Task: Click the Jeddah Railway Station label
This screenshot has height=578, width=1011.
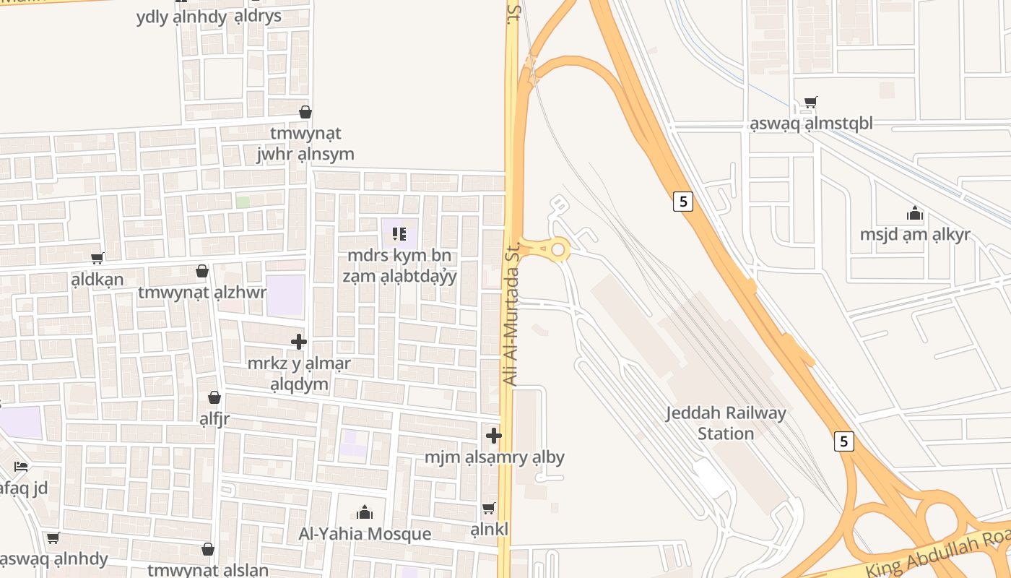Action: coord(725,423)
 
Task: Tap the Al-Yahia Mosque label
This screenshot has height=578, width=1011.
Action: coord(365,534)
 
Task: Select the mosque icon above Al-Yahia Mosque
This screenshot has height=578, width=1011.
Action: coord(365,512)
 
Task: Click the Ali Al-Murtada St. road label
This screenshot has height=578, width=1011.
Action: coord(511,314)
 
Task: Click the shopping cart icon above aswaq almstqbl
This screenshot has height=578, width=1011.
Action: coord(811,103)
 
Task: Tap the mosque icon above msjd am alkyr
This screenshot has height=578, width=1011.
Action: coord(915,214)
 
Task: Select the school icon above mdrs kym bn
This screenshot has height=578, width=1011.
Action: coord(399,233)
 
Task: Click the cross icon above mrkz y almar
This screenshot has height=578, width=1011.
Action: coord(299,342)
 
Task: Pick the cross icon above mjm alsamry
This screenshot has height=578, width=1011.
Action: coord(494,436)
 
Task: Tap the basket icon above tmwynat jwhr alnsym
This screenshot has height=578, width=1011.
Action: coord(305,112)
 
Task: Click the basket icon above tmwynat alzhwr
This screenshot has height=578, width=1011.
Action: coord(202,271)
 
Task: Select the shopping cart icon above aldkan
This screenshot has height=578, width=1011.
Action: coord(97,258)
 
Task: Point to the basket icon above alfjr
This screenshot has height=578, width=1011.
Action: coord(214,397)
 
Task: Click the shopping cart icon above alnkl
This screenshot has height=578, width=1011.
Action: coord(489,508)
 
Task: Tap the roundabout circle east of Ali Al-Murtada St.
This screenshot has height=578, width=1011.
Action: coord(557,250)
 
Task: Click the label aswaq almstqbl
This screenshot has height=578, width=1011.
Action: coord(811,124)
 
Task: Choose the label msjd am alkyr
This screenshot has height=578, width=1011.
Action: coord(915,235)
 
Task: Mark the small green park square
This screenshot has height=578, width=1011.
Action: coord(243,202)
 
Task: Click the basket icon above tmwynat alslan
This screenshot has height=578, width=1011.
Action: coord(208,549)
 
